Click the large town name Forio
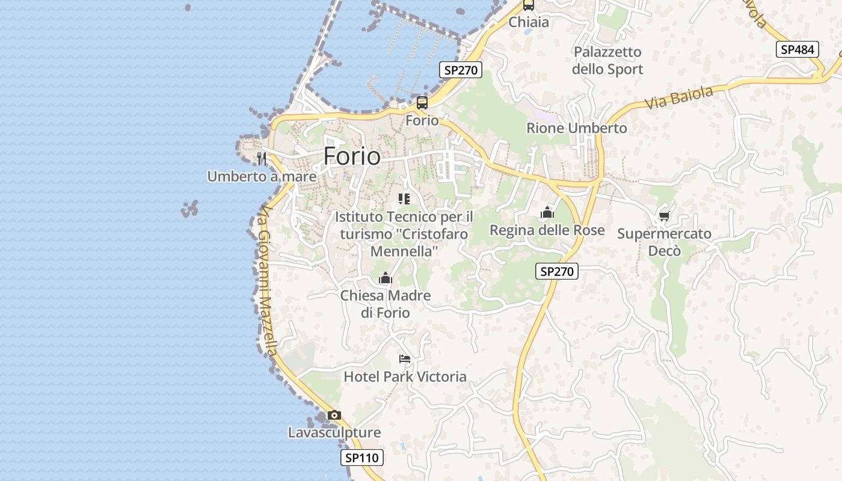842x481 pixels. (352, 156)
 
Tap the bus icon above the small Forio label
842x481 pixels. (422, 102)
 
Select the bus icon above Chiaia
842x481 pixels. (529, 5)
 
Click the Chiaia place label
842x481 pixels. (529, 22)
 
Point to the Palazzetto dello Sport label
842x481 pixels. (607, 61)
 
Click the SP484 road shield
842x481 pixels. (798, 50)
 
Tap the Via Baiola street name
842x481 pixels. (679, 97)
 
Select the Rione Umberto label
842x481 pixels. (576, 128)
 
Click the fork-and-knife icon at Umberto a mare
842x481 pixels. (261, 159)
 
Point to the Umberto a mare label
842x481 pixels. (262, 177)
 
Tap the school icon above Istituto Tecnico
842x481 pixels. (404, 199)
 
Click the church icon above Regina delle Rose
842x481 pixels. (547, 212)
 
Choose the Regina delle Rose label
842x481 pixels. (547, 230)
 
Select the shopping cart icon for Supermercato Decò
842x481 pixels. (664, 216)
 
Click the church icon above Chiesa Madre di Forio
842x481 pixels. (386, 278)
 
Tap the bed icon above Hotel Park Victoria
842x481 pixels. (405, 359)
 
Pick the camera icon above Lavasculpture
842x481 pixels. (334, 415)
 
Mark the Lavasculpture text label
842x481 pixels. (334, 433)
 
